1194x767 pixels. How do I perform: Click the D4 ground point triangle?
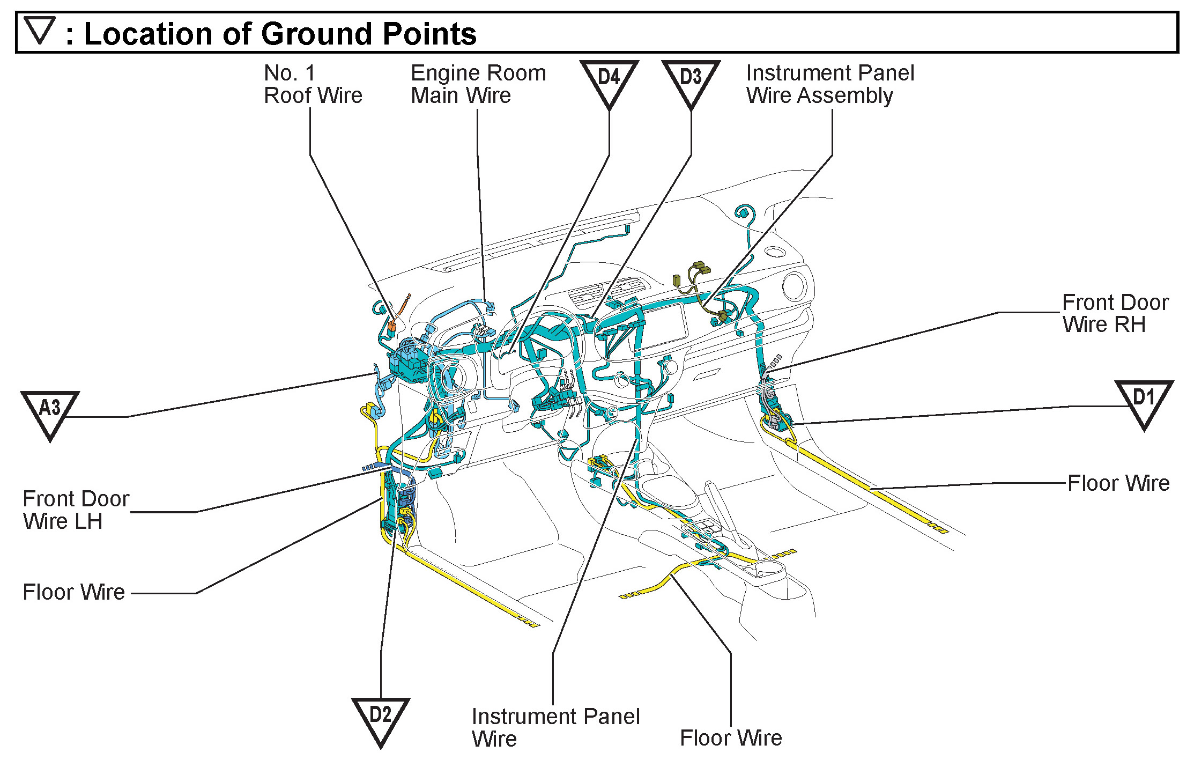point(609,80)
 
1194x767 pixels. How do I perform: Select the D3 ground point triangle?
point(691,80)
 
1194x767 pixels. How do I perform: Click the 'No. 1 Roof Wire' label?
point(313,84)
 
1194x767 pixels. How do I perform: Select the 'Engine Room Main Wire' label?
point(478,84)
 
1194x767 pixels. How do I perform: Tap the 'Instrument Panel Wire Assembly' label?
point(830,84)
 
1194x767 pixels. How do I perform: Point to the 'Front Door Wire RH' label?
point(1115,313)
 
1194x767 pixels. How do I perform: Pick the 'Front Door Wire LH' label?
point(76,510)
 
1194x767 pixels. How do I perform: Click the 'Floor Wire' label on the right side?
point(1118,483)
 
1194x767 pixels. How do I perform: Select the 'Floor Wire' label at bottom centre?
point(731,738)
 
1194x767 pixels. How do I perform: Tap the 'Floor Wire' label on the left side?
point(73,592)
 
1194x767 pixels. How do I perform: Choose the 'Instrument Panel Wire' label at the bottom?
point(555,727)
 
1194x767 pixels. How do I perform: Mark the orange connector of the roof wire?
point(392,324)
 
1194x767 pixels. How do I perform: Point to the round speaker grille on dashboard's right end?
point(795,285)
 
